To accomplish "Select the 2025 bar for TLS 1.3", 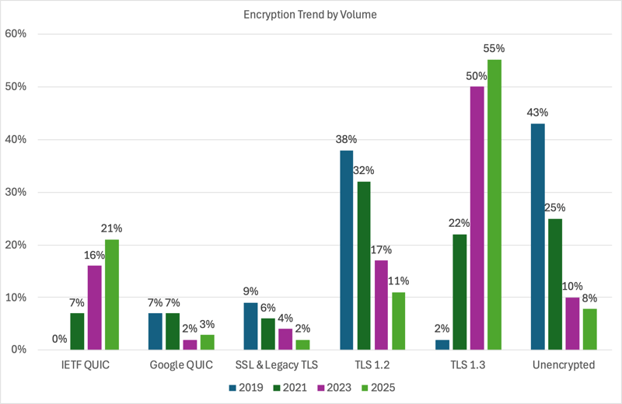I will tap(494, 205).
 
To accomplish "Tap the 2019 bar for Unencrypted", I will tap(537, 237).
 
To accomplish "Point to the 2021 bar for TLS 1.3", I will tap(460, 292).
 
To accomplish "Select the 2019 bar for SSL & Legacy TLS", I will tap(250, 326).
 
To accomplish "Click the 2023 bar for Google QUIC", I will tap(190, 345).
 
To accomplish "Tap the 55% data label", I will tap(494, 48).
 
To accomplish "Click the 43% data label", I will tap(537, 112).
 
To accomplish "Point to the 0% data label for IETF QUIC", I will tap(60, 339).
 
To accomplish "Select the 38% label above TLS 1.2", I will tap(346, 139).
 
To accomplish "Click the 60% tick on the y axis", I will tap(17, 34).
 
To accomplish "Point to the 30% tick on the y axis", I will tap(17, 192).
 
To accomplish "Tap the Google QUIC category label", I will tap(181, 364).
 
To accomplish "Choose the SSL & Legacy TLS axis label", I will tap(277, 364).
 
